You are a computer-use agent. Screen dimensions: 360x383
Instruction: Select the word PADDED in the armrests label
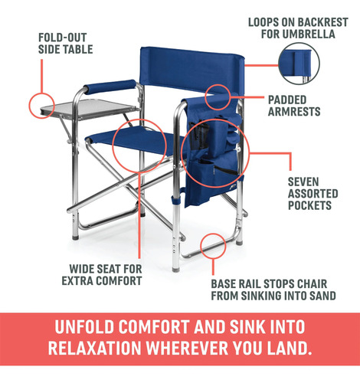[287, 100]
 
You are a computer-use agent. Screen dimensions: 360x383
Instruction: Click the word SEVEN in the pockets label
[303, 182]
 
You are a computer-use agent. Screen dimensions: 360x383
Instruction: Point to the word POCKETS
[309, 205]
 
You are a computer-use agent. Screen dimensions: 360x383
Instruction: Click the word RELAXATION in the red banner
[94, 348]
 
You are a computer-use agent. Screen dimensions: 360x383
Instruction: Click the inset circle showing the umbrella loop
[299, 64]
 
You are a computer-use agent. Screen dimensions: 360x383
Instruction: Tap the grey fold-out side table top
[90, 109]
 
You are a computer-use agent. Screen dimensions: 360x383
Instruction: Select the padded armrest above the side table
[110, 87]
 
